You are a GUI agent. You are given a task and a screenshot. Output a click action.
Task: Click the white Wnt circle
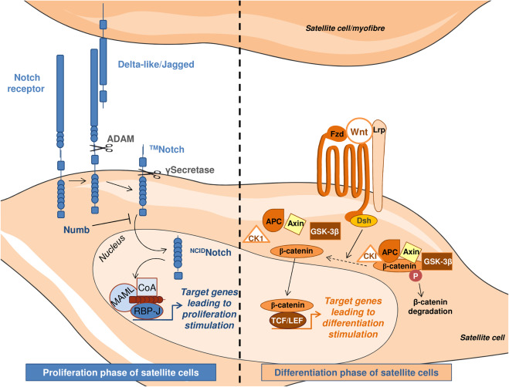(359, 131)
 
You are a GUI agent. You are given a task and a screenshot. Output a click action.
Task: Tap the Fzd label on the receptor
(337, 133)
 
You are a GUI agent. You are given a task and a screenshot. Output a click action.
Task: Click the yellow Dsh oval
(364, 220)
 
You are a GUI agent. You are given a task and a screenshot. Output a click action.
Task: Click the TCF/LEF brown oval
(287, 321)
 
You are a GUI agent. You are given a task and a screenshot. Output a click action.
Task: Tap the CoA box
(147, 288)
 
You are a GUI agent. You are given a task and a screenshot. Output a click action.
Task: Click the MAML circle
(121, 293)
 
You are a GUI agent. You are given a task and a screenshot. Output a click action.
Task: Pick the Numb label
(76, 231)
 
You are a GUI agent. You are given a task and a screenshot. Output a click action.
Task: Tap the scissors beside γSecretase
(150, 173)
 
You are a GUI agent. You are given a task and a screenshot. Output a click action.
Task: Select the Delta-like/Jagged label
(156, 65)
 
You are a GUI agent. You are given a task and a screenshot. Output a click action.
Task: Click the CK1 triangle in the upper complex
(256, 235)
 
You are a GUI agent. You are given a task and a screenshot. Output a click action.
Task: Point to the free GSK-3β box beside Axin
(325, 231)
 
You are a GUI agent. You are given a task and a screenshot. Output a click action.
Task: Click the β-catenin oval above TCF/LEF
(287, 305)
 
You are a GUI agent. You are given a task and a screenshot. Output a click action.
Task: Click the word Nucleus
(112, 248)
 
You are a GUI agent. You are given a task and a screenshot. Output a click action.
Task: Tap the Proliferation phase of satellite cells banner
(120, 372)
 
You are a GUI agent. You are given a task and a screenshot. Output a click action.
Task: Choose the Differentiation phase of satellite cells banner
(356, 372)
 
